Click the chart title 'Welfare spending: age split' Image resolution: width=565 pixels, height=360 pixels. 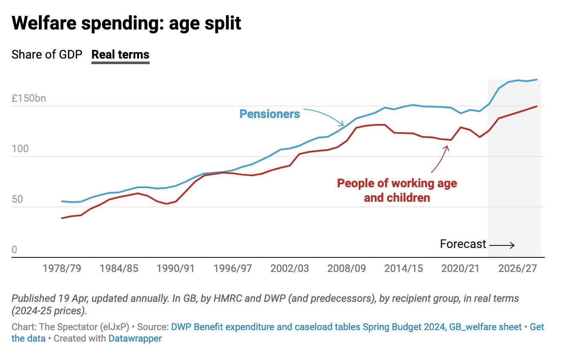tap(127, 23)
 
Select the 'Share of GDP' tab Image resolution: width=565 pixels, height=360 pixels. tap(47, 55)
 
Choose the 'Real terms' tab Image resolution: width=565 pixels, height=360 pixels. tap(121, 55)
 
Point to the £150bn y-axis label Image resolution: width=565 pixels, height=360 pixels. tap(29, 98)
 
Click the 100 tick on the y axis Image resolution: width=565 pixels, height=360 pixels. tap(20, 149)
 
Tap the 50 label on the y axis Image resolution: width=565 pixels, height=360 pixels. tap(17, 200)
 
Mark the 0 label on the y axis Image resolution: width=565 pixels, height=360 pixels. tap(15, 250)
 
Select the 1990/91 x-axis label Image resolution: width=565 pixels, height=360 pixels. tap(175, 269)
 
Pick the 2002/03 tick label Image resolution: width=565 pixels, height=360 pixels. tap(289, 269)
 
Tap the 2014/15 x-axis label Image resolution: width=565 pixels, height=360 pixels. tap(403, 269)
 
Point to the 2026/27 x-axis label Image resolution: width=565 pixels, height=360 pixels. tap(517, 269)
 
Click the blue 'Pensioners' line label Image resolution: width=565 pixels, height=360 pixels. tap(269, 114)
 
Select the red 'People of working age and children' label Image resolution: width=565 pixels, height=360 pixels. tap(397, 190)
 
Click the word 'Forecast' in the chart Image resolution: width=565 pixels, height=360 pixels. tap(463, 244)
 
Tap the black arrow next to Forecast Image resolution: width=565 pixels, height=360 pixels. tap(502, 245)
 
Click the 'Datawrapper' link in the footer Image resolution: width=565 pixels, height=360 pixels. tap(135, 339)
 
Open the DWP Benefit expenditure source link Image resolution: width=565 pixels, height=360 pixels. tap(346, 327)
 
